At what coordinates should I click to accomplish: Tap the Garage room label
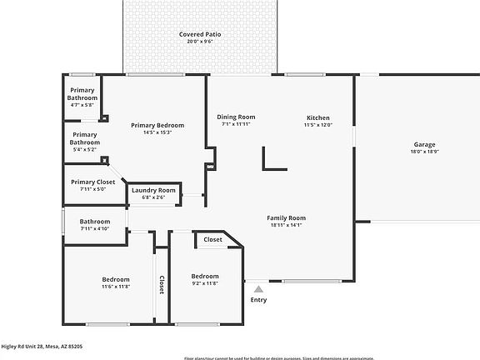424,143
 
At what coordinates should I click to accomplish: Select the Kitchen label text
317,117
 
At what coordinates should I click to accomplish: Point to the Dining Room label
236,117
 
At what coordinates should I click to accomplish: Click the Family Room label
286,217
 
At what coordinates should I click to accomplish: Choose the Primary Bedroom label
157,125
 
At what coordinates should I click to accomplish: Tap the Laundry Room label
154,191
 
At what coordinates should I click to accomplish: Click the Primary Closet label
92,182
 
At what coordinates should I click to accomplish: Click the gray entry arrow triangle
258,287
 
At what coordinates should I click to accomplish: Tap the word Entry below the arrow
258,300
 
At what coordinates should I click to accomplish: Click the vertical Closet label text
162,285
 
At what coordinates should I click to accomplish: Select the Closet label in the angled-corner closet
212,239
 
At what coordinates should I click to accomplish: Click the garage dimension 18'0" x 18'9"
424,152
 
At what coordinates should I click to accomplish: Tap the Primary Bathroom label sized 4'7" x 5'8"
82,94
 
